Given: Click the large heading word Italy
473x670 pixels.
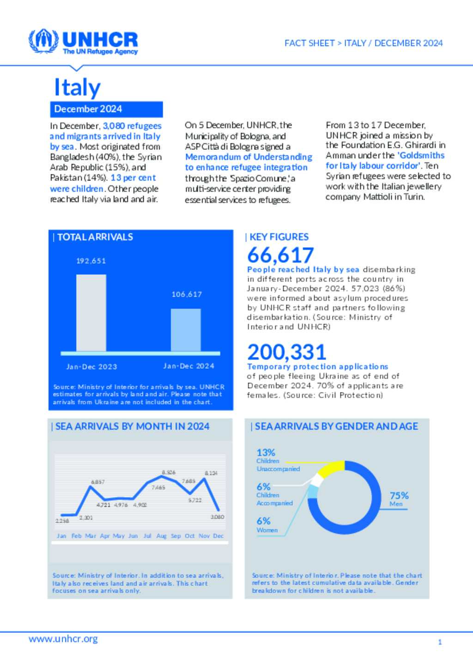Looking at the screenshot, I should click(x=77, y=87).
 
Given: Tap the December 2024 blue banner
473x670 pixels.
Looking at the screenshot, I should click(x=106, y=109).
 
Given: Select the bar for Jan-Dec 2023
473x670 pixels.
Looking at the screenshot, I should click(x=91, y=313).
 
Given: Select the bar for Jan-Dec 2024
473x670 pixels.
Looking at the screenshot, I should click(x=186, y=330).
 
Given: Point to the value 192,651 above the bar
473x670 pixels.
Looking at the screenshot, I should click(x=91, y=261).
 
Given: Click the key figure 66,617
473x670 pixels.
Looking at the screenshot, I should click(x=280, y=255).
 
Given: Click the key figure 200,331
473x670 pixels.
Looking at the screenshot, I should click(x=286, y=352).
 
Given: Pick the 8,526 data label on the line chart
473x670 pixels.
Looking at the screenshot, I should click(x=169, y=472).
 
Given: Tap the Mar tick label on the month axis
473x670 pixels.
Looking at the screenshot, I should click(x=91, y=536).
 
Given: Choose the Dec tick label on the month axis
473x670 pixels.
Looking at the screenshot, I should click(x=218, y=536).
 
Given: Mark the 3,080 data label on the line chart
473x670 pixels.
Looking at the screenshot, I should click(x=217, y=517).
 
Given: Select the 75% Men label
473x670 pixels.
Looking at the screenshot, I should click(x=399, y=499).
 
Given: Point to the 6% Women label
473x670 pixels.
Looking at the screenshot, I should click(x=267, y=525).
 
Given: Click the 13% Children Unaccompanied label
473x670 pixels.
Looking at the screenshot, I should click(x=277, y=460).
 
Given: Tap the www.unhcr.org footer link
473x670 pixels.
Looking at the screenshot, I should click(x=63, y=639).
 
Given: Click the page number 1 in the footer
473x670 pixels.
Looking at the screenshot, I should click(x=440, y=642).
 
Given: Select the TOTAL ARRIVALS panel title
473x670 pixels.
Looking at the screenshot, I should click(x=95, y=237).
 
